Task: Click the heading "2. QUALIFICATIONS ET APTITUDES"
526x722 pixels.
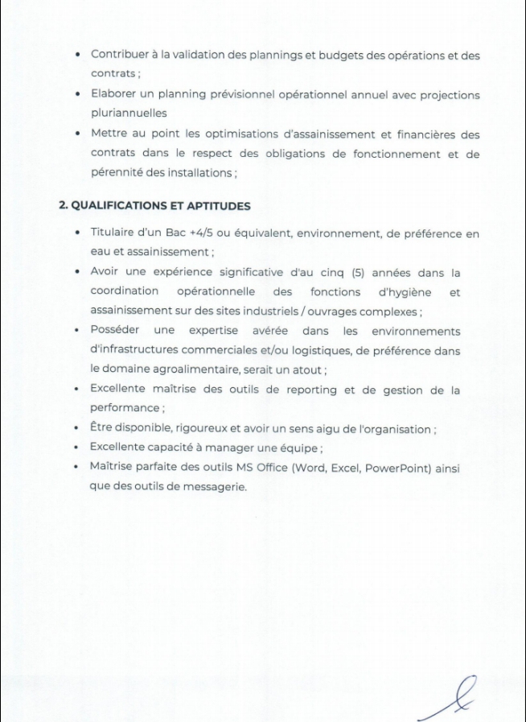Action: (x=154, y=205)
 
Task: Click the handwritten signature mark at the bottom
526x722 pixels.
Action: (x=451, y=699)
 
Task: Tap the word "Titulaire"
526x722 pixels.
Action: (x=114, y=233)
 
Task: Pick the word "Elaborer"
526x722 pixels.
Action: (x=115, y=95)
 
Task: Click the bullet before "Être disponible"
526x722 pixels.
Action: (x=76, y=429)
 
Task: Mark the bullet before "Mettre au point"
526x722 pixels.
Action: (x=76, y=133)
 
